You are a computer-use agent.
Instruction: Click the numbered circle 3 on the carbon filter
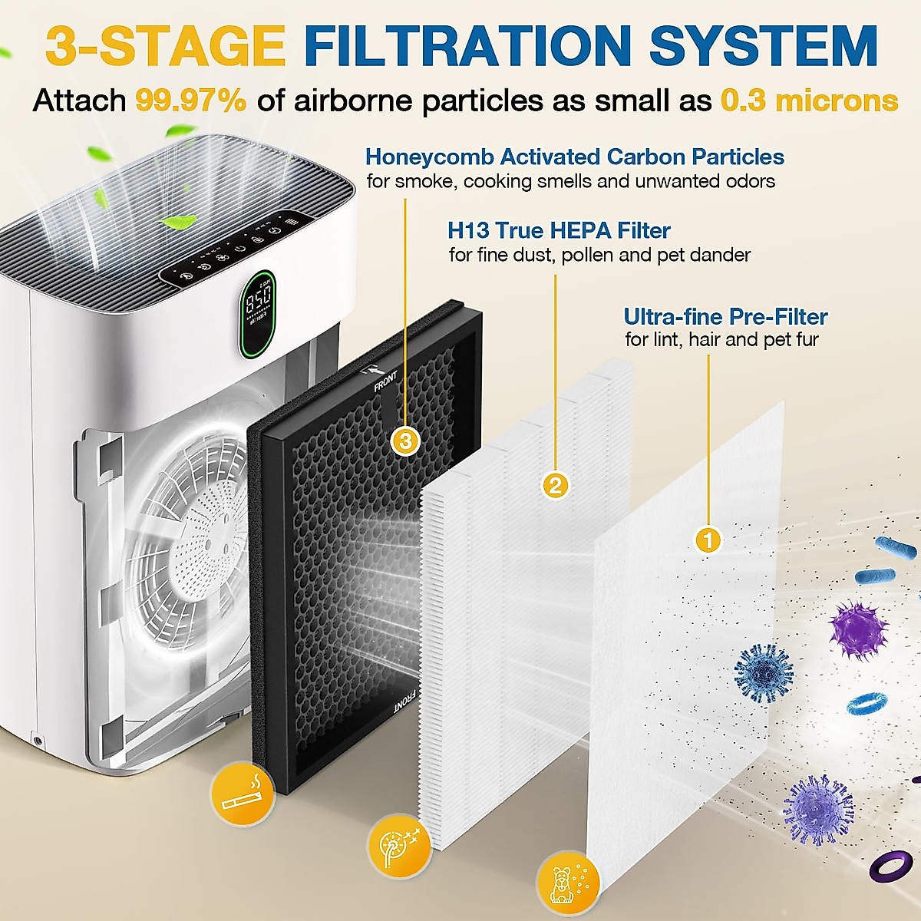(406, 441)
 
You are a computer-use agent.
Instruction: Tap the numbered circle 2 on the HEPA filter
(556, 485)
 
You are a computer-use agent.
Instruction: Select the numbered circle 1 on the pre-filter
(708, 540)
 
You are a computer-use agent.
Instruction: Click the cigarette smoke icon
(243, 794)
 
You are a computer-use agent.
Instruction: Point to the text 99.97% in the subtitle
(191, 101)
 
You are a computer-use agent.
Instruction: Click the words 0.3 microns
(809, 101)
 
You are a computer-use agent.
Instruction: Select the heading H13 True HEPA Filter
(559, 230)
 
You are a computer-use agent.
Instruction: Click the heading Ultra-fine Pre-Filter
(725, 316)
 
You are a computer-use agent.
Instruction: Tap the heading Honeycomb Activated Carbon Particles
(574, 157)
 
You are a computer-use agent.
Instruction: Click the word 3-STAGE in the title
(166, 46)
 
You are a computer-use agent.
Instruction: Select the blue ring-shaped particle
(870, 703)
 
